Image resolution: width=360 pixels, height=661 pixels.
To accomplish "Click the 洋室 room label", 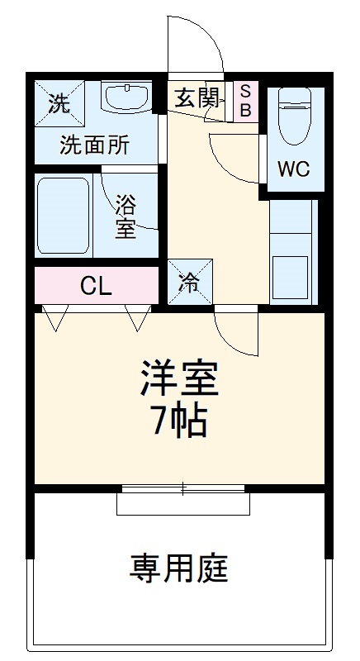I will click(x=178, y=379).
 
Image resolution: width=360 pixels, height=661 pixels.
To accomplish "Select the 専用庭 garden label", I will click(x=178, y=568).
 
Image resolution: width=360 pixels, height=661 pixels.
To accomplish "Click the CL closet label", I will click(x=96, y=287).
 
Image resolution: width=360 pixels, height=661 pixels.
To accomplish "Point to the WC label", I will click(x=293, y=169).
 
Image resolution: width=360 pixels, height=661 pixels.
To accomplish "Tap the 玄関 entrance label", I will click(x=196, y=99).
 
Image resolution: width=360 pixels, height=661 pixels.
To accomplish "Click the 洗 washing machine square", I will click(x=59, y=102).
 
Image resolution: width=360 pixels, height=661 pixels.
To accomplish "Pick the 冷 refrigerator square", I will click(x=190, y=283).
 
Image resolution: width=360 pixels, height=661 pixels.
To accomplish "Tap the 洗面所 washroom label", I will click(x=94, y=145).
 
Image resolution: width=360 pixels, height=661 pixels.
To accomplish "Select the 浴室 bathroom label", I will click(x=126, y=215).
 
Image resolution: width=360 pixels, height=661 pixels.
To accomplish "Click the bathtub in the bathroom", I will click(x=63, y=215).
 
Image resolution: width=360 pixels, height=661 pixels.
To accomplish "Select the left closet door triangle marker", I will click(x=54, y=317).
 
